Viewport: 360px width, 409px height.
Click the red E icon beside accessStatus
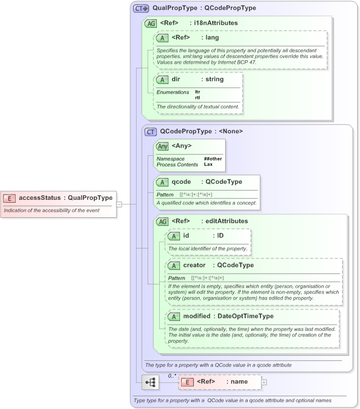pos(10,198)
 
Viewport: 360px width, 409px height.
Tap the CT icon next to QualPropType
pos(141,9)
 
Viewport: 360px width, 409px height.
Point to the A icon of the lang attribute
pos(163,38)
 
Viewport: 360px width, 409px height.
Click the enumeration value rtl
pos(198,97)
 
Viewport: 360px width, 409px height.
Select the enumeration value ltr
pos(197,92)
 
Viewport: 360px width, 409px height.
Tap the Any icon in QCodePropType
pos(163,146)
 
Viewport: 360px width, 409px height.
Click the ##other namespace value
pos(213,159)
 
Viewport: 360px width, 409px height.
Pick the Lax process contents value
pos(208,165)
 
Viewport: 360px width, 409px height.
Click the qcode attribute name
pos(182,181)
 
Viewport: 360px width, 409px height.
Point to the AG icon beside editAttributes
pos(163,221)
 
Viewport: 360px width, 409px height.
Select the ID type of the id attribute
pos(221,236)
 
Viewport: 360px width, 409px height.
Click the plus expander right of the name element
pos(264,382)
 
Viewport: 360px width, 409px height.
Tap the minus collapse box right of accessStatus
pos(119,203)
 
